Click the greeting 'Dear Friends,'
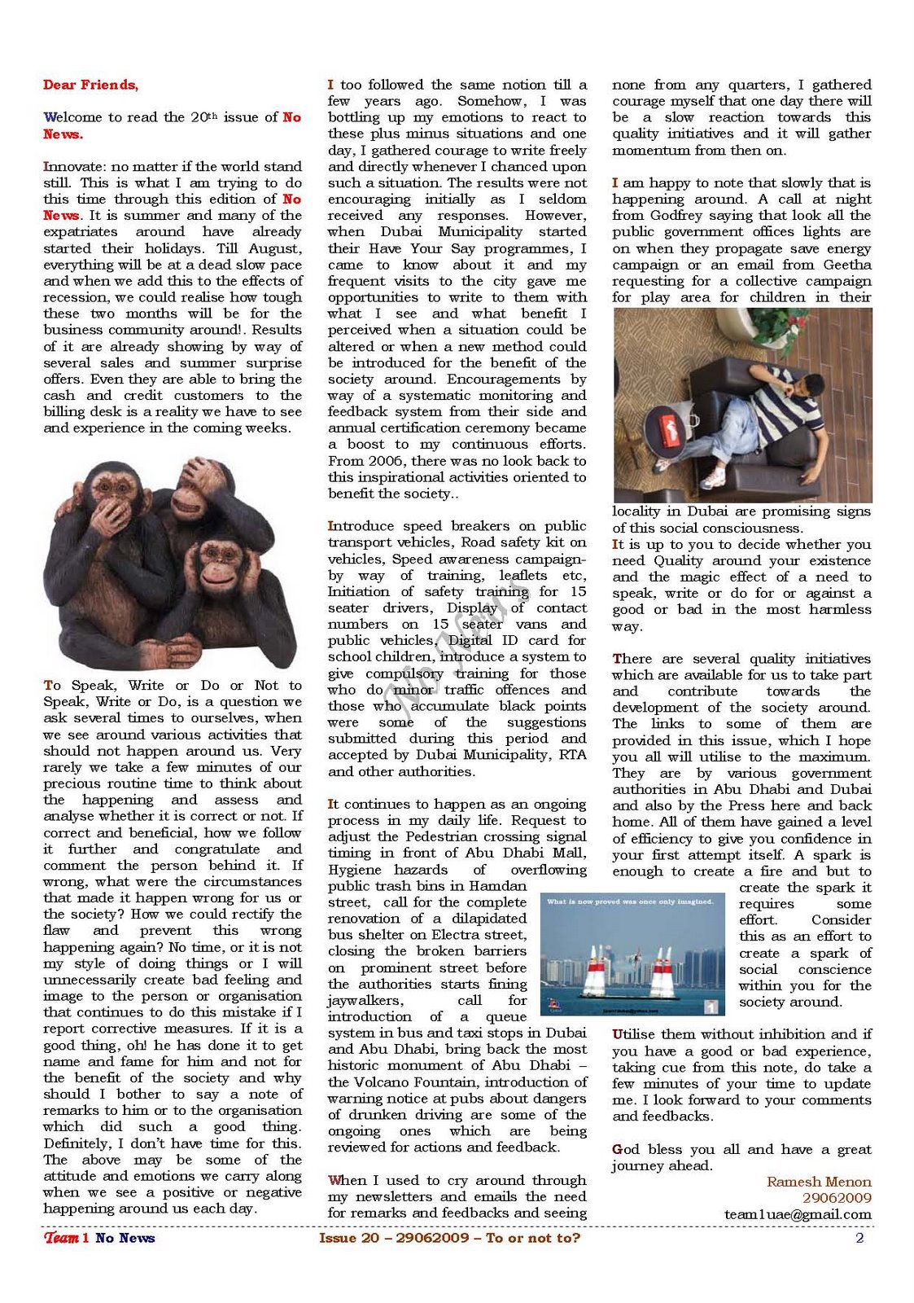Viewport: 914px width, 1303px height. coord(90,85)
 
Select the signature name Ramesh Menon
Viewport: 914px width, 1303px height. coord(819,1182)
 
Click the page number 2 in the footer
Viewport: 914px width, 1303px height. coord(859,1239)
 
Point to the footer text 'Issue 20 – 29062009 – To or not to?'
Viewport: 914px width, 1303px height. coord(449,1239)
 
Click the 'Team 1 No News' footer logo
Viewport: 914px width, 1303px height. coord(99,1239)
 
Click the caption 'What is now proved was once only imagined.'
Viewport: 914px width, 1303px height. coord(631,902)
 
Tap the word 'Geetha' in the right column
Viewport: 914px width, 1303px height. coord(847,265)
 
